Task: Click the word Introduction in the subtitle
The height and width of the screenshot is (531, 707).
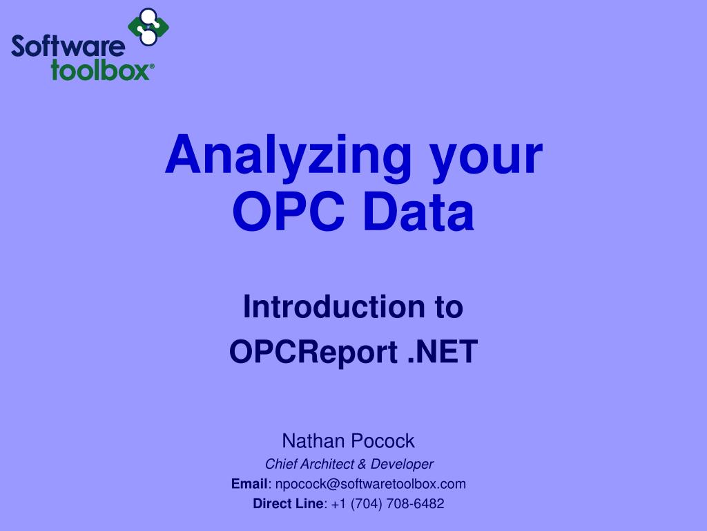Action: pos(329,307)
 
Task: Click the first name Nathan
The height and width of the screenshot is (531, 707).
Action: pos(313,440)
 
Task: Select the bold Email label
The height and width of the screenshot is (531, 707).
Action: pos(249,484)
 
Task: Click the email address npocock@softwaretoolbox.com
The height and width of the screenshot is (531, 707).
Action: pos(370,484)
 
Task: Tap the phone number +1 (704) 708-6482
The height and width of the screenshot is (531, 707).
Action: pos(387,504)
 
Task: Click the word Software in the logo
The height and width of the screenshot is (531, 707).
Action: pos(68,48)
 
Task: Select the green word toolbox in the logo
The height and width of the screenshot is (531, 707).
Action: pos(99,71)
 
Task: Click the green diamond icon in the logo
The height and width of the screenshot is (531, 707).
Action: pos(148,27)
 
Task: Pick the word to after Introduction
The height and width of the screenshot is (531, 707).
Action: pos(448,307)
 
